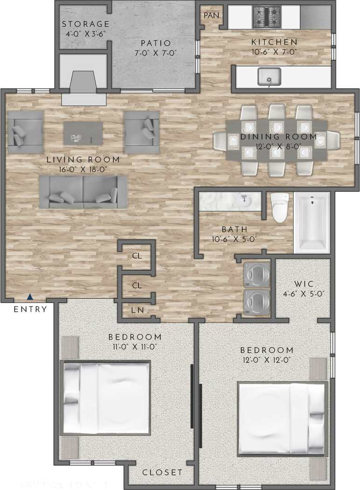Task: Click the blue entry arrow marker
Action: [30, 296]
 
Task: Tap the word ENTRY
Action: [30, 309]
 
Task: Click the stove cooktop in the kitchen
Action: [267, 16]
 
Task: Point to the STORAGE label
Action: [85, 24]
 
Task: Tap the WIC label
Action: [304, 284]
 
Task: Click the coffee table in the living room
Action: [83, 133]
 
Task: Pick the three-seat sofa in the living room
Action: [83, 192]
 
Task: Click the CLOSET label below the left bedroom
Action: [162, 472]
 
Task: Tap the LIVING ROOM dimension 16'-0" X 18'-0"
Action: [83, 169]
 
